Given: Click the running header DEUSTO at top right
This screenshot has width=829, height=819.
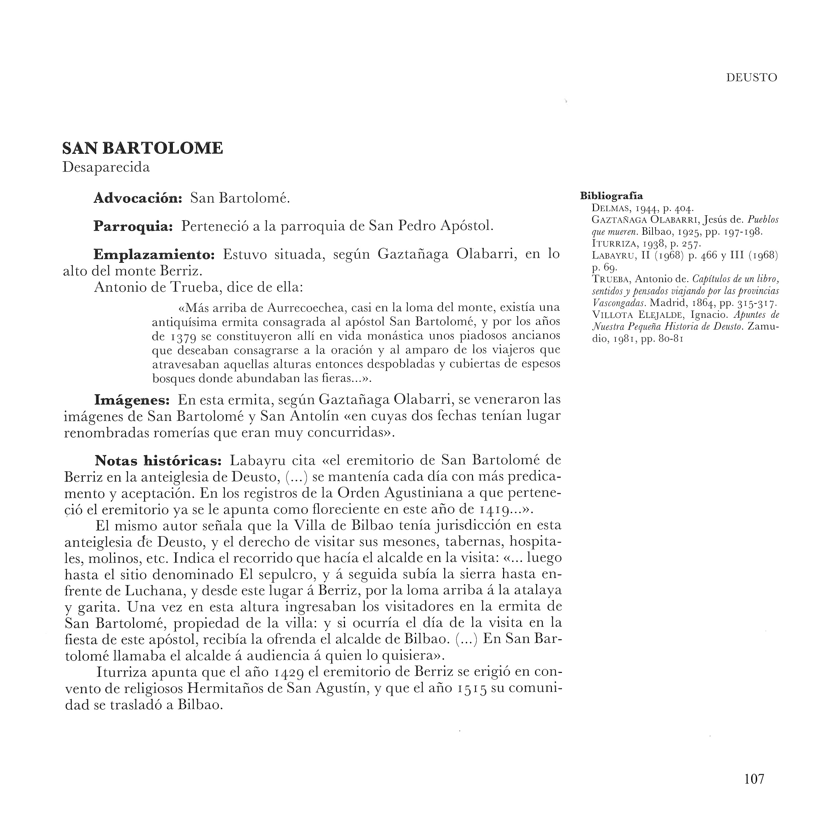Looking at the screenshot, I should click(751, 78).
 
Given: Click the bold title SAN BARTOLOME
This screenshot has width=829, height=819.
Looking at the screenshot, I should click(142, 148).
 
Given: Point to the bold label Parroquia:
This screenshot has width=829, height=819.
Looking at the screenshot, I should click(133, 226).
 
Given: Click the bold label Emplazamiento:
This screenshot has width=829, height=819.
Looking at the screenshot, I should click(154, 255).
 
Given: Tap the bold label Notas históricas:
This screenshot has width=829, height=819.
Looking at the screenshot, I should click(158, 461).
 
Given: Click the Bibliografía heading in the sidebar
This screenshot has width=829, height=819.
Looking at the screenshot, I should click(611, 196).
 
